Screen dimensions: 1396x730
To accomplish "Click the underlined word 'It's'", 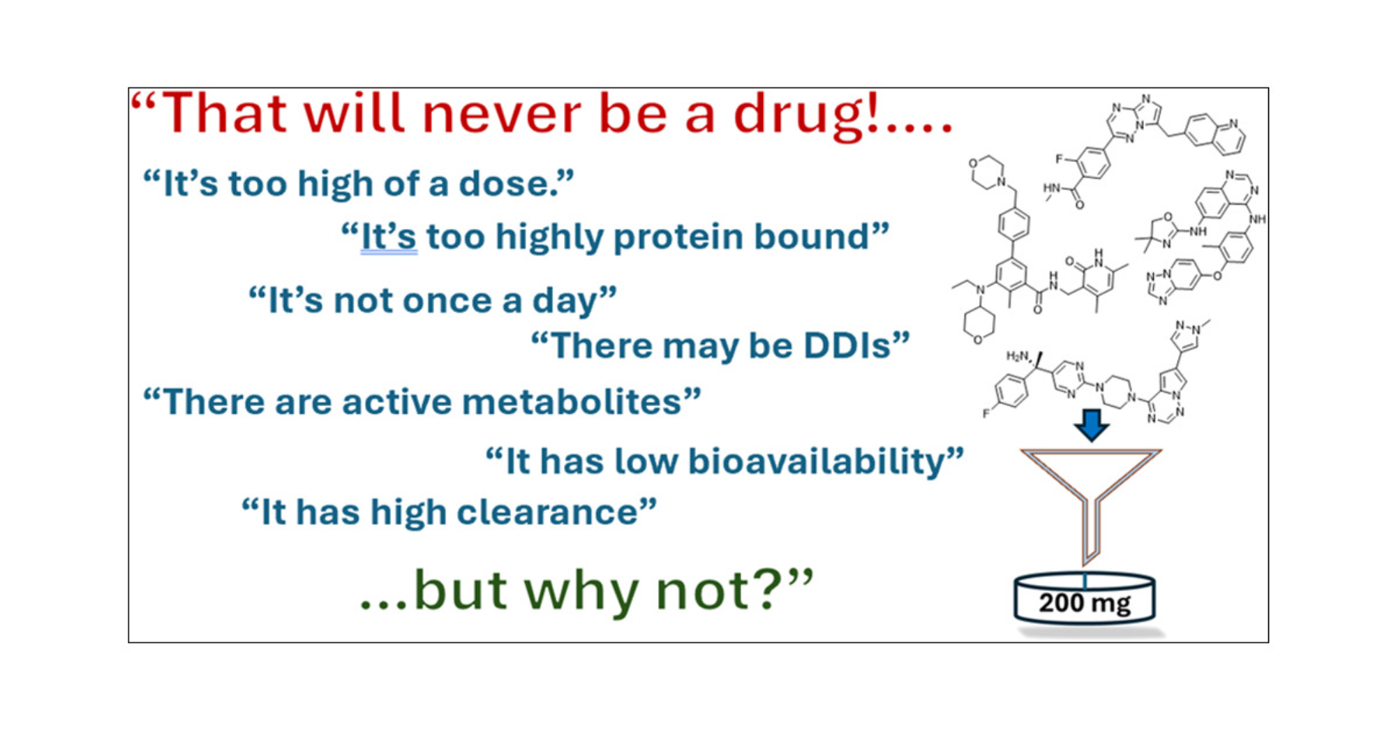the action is (x=389, y=237).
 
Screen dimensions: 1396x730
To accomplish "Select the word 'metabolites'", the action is (x=571, y=402).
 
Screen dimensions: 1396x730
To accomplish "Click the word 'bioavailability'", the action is (x=816, y=462).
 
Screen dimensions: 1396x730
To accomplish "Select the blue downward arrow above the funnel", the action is (x=1091, y=425).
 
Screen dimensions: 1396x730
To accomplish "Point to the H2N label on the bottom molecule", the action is (x=1017, y=356).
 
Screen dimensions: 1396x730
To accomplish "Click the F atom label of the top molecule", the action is (x=1059, y=159).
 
